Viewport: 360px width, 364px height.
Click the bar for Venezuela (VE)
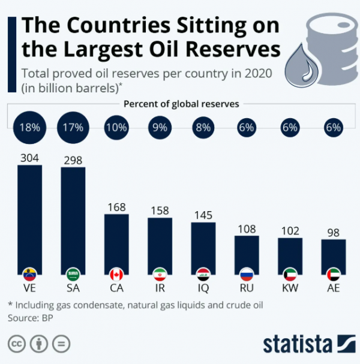coord(29,216)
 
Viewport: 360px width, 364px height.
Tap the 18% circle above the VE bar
coord(29,127)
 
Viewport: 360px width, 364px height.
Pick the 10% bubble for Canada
coord(116,127)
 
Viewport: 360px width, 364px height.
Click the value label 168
coord(116,207)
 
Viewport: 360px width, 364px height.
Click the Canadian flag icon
coord(116,275)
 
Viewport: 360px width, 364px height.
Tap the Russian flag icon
coord(247,275)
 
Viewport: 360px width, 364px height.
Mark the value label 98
coord(333,231)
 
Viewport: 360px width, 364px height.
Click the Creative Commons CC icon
coord(17,344)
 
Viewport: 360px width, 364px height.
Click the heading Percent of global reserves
coord(181,104)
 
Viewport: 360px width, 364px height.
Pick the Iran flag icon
coord(160,275)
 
